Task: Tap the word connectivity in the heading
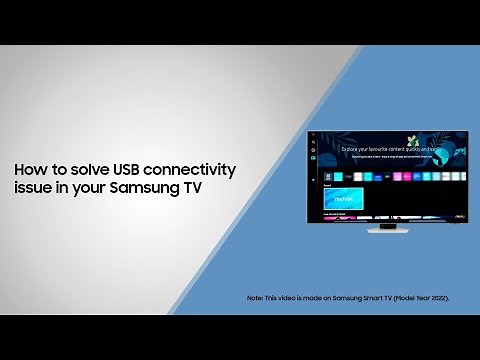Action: (x=160, y=169)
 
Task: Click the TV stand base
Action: (x=387, y=230)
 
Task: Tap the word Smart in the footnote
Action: (x=367, y=299)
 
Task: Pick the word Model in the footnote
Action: (x=399, y=299)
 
